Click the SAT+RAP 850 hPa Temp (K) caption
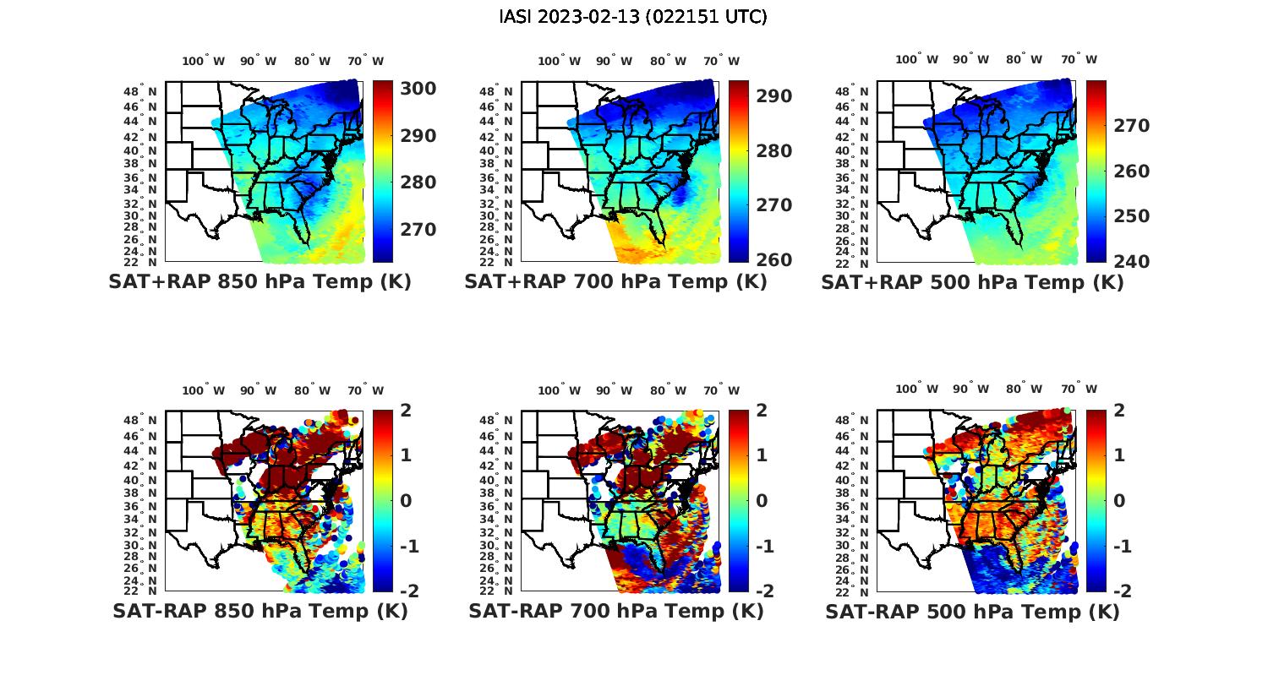[x=260, y=282]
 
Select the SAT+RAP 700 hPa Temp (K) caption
[x=615, y=282]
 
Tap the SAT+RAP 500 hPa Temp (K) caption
[x=972, y=283]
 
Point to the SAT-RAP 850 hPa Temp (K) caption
[x=260, y=612]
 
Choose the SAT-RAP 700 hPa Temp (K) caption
[x=615, y=612]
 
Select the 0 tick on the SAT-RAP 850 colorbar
[x=406, y=500]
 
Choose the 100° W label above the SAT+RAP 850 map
[x=204, y=61]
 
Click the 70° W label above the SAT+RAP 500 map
[x=1079, y=59]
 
